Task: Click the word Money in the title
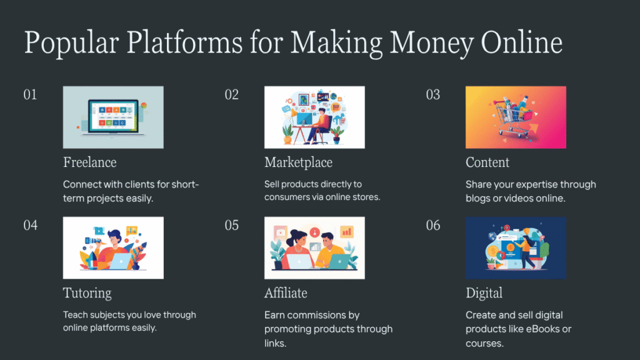point(431,43)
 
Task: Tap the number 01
point(30,95)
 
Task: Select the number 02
point(231,95)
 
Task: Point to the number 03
point(433,95)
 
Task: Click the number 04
point(30,225)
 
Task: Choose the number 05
point(231,225)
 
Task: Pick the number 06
point(433,225)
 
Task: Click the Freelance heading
point(90,162)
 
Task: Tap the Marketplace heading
point(298,163)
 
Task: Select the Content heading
point(487,162)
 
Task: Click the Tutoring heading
point(87,294)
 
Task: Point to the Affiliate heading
point(286,293)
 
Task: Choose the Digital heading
point(484,294)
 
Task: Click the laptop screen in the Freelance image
point(113,116)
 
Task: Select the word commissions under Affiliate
point(312,315)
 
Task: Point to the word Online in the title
point(522,42)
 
